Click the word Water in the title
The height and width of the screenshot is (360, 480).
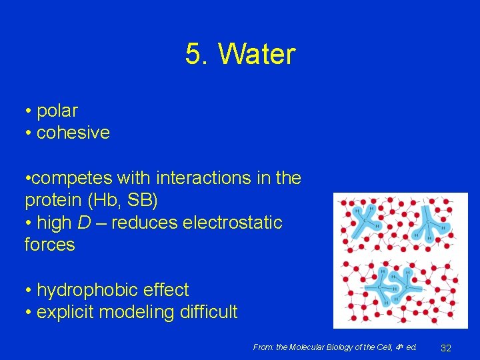click(x=256, y=55)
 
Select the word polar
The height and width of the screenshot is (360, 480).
click(x=57, y=111)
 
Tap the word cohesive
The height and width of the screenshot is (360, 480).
click(x=73, y=133)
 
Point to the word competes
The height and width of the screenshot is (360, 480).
click(x=71, y=179)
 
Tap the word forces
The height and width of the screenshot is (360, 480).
click(x=49, y=244)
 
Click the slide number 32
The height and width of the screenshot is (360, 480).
click(x=447, y=347)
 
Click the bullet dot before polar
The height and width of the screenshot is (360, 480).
click(x=29, y=111)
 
